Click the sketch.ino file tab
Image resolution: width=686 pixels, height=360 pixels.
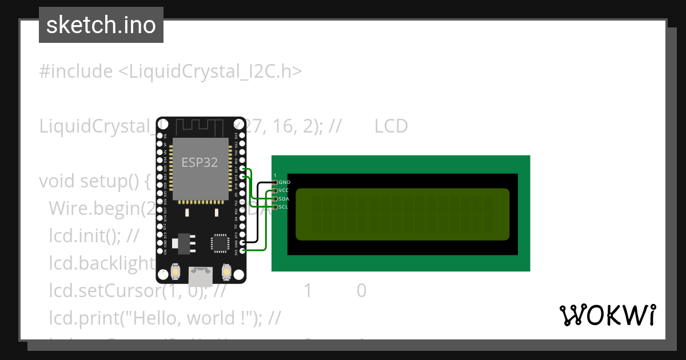click(x=101, y=25)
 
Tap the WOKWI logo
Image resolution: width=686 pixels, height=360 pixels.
click(x=607, y=315)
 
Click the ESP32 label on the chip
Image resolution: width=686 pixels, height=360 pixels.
click(x=200, y=162)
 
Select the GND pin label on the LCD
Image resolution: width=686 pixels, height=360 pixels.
click(x=284, y=182)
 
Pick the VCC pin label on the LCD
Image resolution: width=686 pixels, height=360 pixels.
click(x=284, y=190)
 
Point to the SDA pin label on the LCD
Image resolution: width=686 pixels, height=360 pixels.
click(x=284, y=198)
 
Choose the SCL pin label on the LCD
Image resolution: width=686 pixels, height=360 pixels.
click(x=284, y=206)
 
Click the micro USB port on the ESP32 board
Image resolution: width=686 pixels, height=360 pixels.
click(x=201, y=277)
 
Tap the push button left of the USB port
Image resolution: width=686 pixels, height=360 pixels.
click(x=176, y=272)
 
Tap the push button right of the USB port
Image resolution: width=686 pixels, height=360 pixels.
click(x=226, y=272)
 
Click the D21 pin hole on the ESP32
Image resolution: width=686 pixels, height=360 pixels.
click(x=244, y=170)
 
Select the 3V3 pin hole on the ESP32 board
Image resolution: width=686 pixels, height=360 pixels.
click(x=244, y=250)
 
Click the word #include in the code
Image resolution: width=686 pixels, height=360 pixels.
click(x=76, y=71)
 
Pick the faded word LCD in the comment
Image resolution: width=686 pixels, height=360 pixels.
click(x=391, y=126)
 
